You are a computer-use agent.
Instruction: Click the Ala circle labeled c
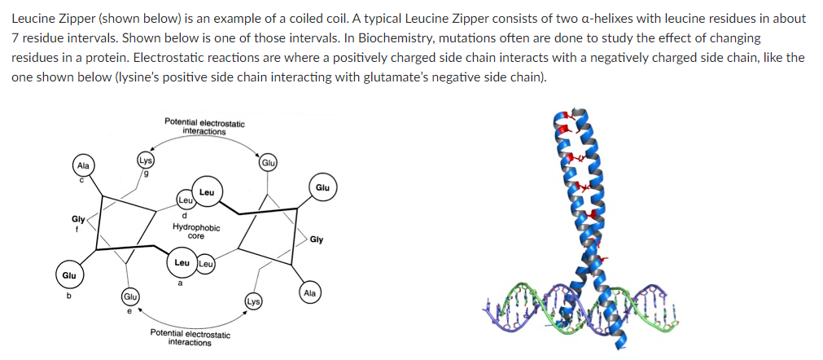[82, 166]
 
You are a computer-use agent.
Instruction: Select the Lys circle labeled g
[145, 160]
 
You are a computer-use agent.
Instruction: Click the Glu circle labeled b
[69, 275]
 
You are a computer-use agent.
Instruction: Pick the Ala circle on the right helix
[309, 292]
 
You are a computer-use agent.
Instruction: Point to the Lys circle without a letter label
[254, 301]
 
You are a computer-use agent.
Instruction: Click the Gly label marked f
[78, 220]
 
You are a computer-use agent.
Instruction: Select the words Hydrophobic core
[196, 232]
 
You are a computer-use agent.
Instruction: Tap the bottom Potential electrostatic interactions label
[190, 338]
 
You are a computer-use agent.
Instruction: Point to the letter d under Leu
[186, 215]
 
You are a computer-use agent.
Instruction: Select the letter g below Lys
[146, 173]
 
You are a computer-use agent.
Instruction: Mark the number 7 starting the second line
[15, 37]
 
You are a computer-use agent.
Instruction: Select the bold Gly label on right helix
[317, 239]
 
